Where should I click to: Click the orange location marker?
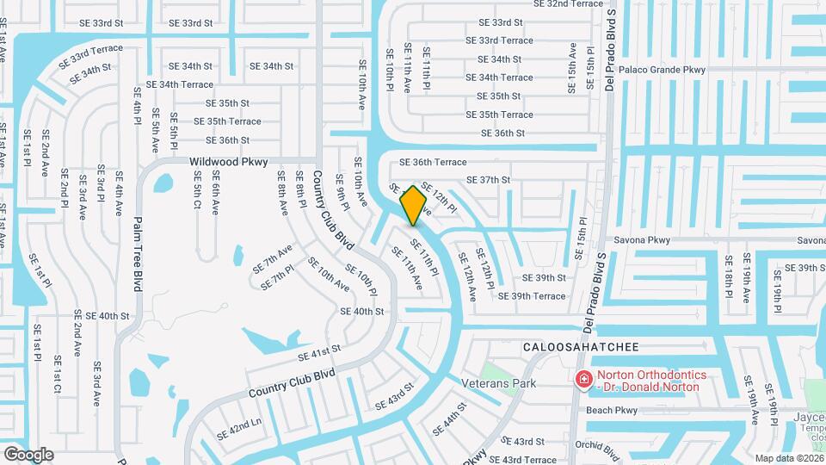click(414, 205)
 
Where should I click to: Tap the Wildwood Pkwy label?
click(228, 161)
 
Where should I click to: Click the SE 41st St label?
click(319, 353)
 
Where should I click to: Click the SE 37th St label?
click(488, 180)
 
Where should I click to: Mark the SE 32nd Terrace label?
click(569, 4)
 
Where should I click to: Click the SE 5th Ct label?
click(197, 190)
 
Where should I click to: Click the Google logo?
click(28, 454)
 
